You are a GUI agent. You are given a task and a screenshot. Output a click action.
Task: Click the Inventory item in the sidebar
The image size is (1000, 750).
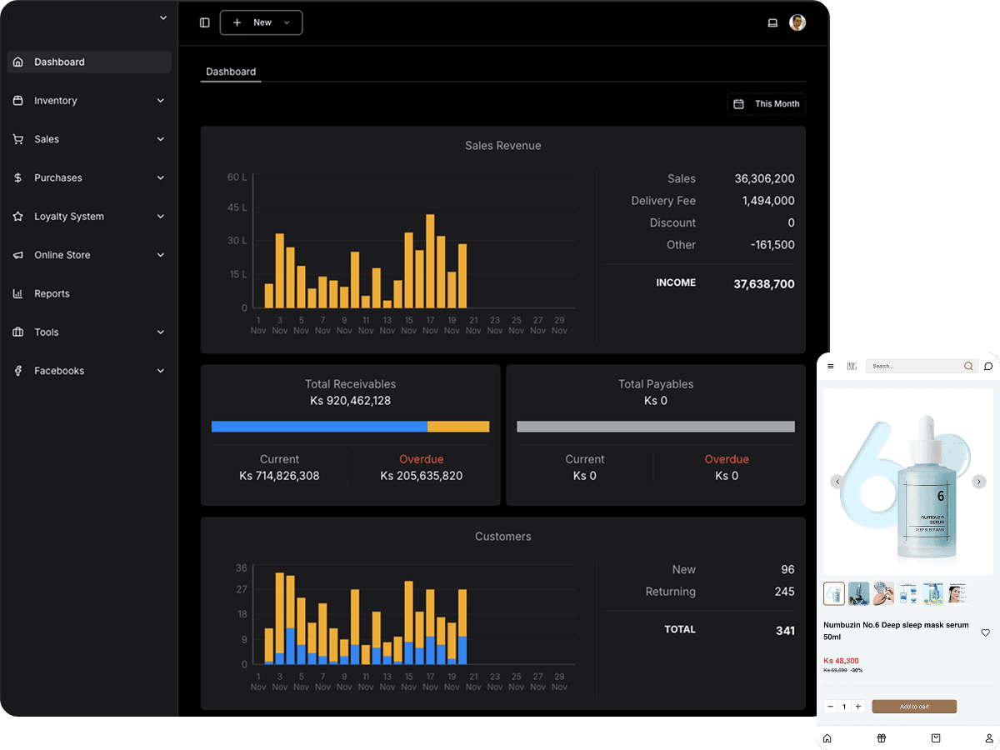[56, 101]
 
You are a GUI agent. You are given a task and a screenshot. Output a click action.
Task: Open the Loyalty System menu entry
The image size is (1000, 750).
[69, 217]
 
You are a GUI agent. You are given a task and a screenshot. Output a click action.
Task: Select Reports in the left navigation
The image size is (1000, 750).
[52, 294]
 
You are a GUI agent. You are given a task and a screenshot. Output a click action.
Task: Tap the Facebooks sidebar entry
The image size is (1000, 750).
[59, 371]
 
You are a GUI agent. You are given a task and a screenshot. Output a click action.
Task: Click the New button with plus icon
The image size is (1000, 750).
[261, 22]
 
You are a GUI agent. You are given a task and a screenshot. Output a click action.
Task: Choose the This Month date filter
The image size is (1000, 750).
[767, 104]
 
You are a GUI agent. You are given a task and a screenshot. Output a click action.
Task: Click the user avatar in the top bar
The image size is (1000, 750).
[797, 22]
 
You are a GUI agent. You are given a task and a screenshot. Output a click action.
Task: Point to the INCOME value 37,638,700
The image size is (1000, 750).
[763, 284]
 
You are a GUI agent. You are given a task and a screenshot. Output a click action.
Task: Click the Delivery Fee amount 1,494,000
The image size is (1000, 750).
[767, 201]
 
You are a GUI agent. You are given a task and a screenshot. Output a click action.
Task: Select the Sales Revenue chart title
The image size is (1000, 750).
[502, 146]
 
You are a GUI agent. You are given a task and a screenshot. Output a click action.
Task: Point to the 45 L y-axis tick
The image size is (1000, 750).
[237, 207]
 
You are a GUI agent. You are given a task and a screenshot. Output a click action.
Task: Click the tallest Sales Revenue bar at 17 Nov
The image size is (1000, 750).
[430, 262]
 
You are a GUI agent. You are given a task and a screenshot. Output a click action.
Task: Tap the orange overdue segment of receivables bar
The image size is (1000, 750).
[458, 427]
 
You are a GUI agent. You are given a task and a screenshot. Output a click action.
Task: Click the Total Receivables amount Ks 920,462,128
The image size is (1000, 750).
[350, 401]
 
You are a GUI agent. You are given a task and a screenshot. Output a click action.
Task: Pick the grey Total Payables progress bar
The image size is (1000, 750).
[656, 427]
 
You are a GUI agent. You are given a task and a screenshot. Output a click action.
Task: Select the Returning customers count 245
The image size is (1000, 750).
[784, 592]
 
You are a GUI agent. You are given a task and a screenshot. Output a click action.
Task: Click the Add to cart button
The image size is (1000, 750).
[914, 707]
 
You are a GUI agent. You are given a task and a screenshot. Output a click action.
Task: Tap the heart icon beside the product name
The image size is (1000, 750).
[985, 632]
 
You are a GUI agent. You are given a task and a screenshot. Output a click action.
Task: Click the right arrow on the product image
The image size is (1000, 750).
[979, 482]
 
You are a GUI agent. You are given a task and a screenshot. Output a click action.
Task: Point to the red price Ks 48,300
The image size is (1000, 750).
[841, 661]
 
